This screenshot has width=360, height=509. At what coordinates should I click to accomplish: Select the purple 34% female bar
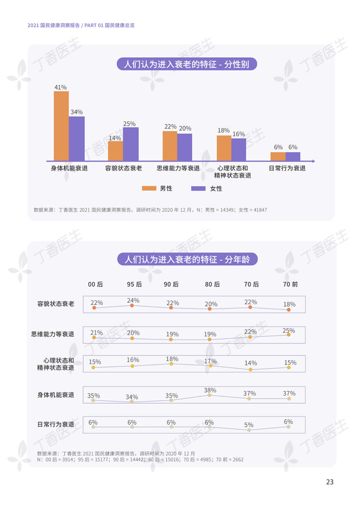(x=77, y=139)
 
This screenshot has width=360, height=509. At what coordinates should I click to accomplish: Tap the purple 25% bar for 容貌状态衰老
(x=131, y=144)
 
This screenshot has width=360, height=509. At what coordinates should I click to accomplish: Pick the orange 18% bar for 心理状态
(x=224, y=148)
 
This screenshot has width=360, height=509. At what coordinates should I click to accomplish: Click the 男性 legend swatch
(x=149, y=188)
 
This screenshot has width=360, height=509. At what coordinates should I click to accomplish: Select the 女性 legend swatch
(x=198, y=188)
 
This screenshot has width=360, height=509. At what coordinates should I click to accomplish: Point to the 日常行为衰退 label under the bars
(x=287, y=168)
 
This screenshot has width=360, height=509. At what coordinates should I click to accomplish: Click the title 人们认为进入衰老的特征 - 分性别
(x=187, y=64)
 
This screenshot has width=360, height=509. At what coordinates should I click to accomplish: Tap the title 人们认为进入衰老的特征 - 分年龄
(x=187, y=259)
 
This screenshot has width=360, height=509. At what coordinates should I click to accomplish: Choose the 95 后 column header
(x=134, y=284)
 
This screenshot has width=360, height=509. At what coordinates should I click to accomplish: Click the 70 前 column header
(x=290, y=284)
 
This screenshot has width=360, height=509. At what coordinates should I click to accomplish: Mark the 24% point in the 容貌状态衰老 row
(x=132, y=306)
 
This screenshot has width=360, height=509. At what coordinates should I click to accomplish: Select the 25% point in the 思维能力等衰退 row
(x=288, y=335)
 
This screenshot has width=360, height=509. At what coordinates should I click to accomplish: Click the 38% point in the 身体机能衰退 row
(x=210, y=394)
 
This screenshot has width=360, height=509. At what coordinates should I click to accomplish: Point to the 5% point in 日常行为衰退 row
(x=249, y=430)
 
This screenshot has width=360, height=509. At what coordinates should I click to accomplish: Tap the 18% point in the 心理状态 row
(x=171, y=364)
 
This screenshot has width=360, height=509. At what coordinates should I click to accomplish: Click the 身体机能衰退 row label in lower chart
(x=56, y=394)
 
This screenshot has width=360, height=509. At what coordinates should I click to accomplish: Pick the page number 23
(x=330, y=482)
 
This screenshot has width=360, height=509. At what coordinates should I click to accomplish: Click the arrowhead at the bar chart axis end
(x=313, y=161)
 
